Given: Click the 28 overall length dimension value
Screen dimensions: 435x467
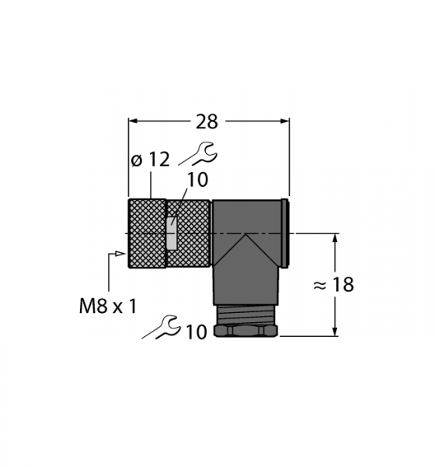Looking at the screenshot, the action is click(207, 122).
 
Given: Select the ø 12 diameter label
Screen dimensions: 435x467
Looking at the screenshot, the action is click(151, 160).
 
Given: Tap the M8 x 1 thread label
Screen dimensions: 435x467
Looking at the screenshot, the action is click(108, 306).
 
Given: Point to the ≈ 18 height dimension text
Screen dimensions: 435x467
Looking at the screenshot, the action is click(333, 284).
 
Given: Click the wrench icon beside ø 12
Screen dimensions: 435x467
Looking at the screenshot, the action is click(199, 153).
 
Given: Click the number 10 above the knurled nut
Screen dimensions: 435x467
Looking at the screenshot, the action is click(197, 180).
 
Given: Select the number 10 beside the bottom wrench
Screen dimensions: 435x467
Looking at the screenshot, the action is click(196, 332).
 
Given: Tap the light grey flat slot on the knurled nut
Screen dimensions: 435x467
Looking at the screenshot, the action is click(172, 233).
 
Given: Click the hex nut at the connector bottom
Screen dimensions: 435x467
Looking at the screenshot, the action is click(245, 331).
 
